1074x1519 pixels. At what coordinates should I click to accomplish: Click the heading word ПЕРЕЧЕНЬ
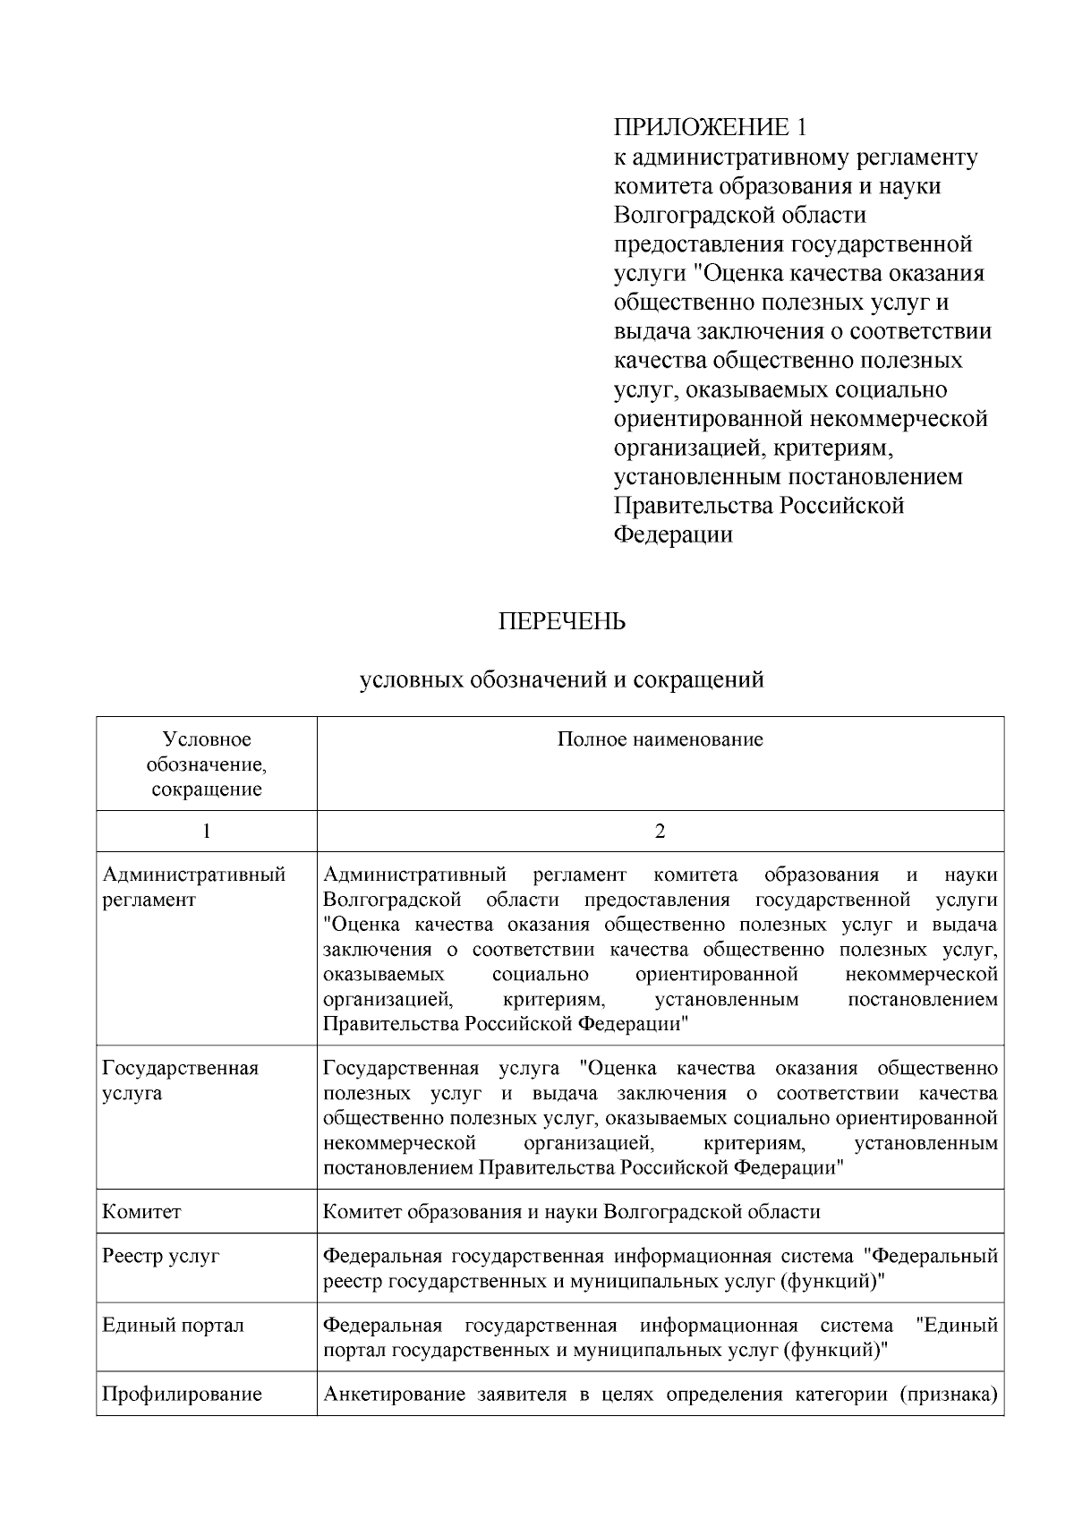[561, 622]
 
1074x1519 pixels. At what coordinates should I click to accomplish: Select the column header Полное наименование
[660, 739]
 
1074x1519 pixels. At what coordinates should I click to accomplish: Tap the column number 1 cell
[206, 832]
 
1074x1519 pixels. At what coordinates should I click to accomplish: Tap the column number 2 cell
[660, 832]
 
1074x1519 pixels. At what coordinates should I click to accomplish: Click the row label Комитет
[141, 1212]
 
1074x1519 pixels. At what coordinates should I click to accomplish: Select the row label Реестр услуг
[160, 1256]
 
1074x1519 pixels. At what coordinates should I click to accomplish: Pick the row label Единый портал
[173, 1325]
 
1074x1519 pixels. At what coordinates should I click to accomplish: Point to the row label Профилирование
[182, 1394]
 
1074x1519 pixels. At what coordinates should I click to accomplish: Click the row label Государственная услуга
[180, 1080]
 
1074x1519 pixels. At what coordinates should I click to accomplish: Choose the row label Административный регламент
[193, 886]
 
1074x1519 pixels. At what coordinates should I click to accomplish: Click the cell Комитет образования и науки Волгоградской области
[571, 1212]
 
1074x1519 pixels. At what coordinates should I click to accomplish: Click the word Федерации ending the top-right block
[673, 535]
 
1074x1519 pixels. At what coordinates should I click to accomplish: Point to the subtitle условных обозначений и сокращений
[561, 680]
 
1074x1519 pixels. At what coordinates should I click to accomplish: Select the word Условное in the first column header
[207, 739]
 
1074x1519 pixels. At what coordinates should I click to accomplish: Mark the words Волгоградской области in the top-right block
[740, 215]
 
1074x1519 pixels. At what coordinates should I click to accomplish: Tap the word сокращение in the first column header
[207, 789]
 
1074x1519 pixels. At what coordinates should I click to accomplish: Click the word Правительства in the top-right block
[694, 506]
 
